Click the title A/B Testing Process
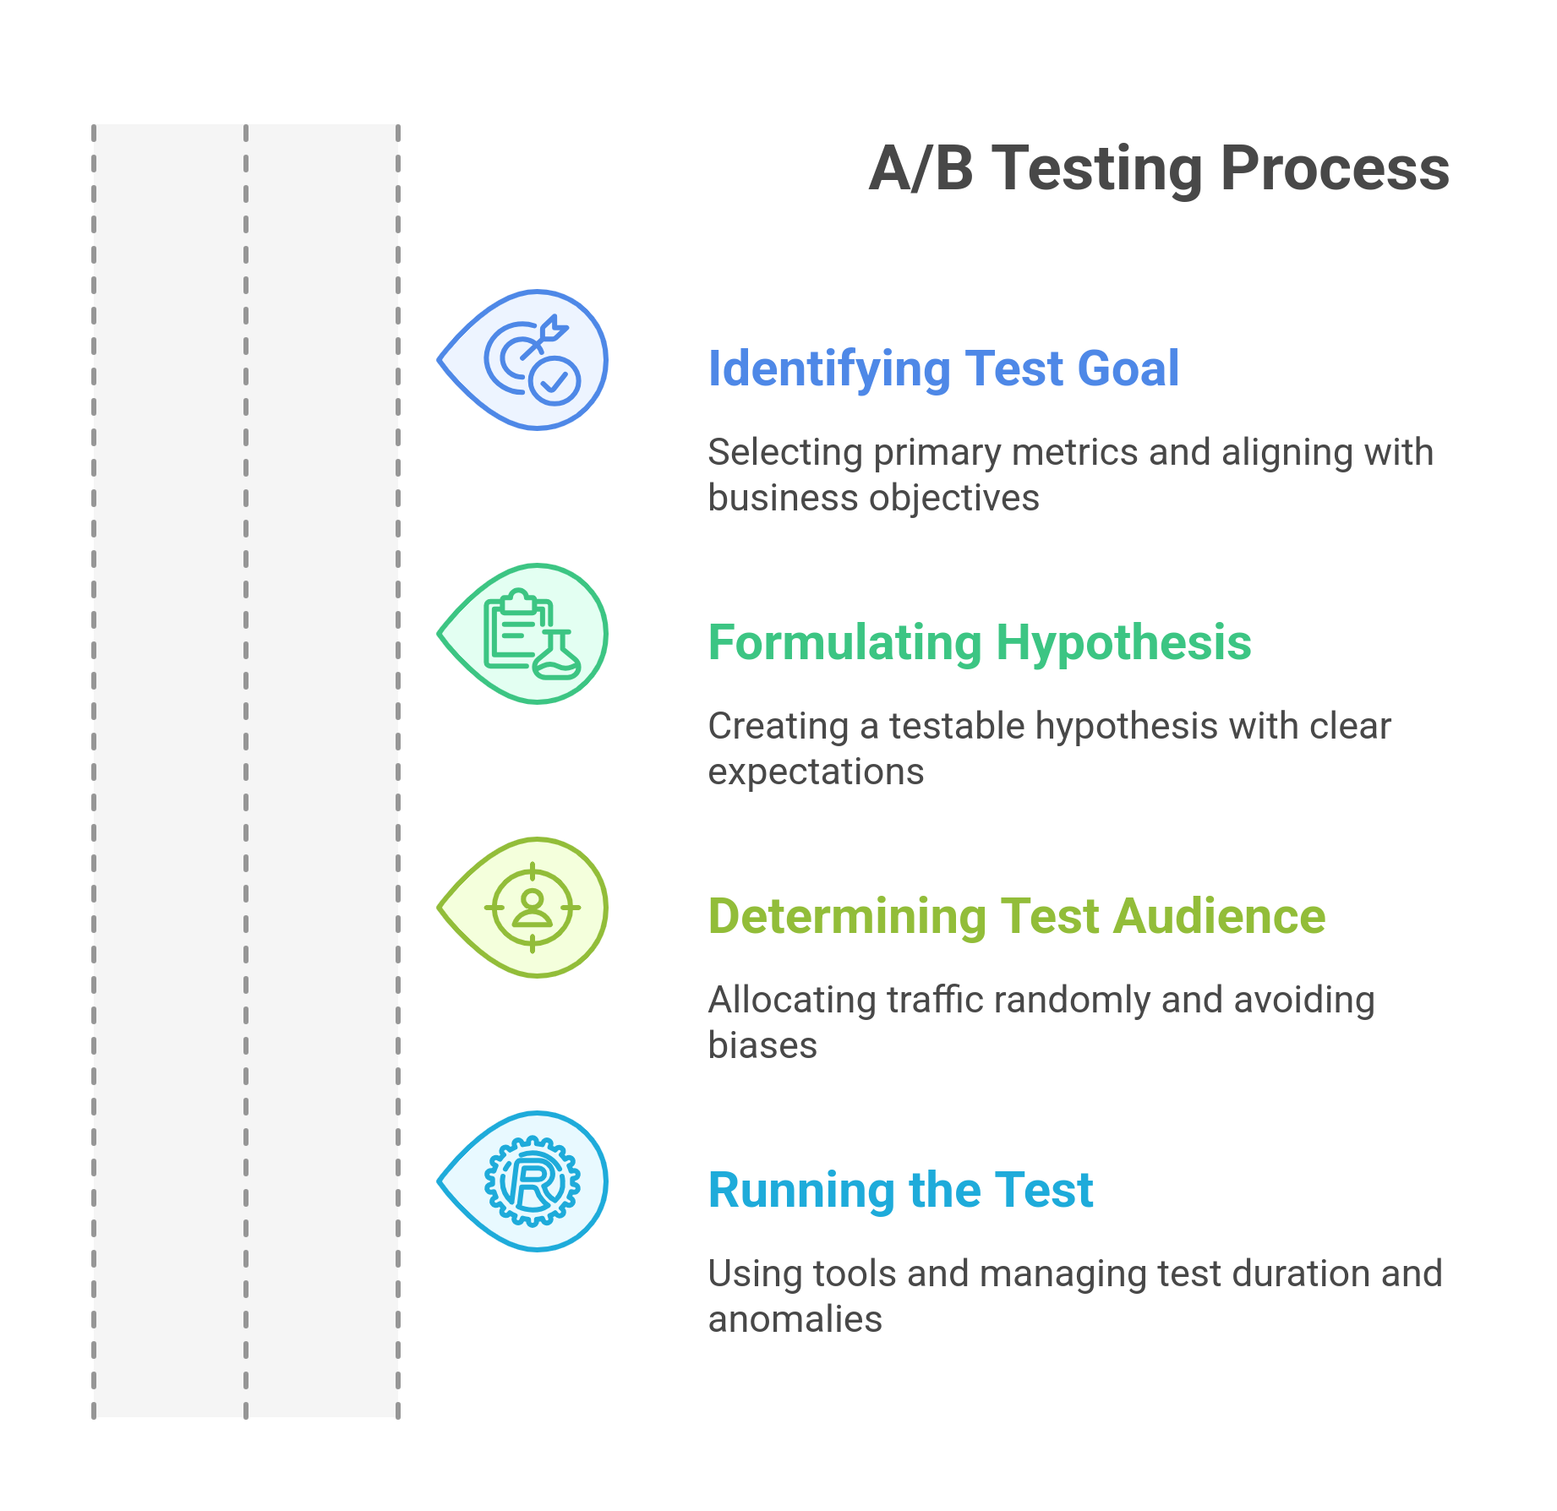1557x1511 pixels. (x=1159, y=169)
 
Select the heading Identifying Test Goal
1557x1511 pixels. (x=943, y=369)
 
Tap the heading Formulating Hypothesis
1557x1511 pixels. (x=979, y=643)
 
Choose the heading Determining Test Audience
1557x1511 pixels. (x=1016, y=917)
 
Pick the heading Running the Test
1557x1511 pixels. (x=900, y=1191)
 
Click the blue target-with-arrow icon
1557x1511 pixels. (x=532, y=360)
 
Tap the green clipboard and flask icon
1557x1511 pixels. (x=532, y=634)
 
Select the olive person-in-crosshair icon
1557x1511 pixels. (x=533, y=908)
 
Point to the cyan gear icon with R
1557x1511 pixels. (x=533, y=1181)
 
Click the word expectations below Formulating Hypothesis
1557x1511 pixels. (x=816, y=772)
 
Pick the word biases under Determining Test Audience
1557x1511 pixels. (x=762, y=1046)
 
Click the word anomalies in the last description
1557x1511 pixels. (x=795, y=1320)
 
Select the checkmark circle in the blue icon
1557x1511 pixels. (x=555, y=382)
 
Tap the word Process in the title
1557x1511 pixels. (x=1335, y=169)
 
